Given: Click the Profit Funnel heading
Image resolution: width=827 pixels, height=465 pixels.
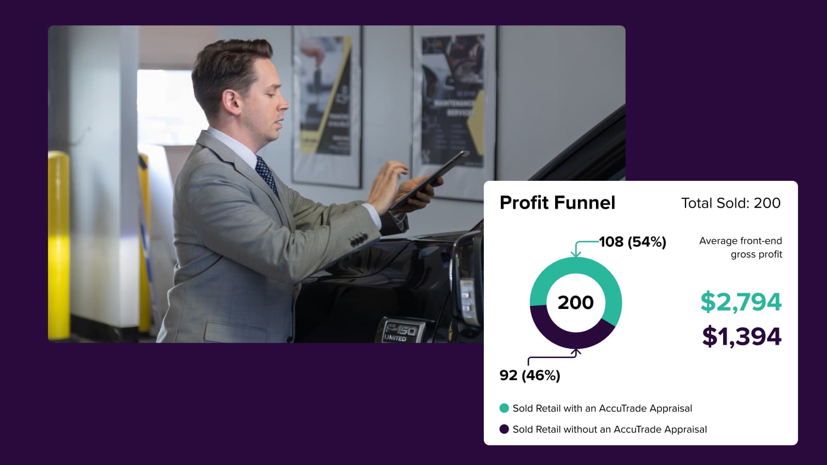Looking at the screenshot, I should point(557,203).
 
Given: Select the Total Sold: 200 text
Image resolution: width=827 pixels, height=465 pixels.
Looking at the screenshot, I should point(730,203).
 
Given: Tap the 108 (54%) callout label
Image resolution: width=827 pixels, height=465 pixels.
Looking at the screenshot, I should point(632,242).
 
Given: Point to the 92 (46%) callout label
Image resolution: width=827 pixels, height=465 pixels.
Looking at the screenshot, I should point(530,375).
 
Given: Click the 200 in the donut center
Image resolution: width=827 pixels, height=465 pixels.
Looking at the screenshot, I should point(575,302).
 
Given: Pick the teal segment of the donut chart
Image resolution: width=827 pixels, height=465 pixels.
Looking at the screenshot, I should point(575,267).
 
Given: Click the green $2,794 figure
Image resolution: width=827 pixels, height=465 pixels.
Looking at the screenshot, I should point(741,302).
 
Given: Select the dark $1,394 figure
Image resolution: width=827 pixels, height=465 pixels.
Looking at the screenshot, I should point(741,336).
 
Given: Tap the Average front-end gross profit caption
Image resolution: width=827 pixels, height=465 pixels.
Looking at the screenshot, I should point(740,247).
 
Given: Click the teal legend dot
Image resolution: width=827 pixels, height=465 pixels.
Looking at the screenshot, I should point(504,408).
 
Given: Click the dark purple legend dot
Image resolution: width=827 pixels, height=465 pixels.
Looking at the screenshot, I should point(504,429).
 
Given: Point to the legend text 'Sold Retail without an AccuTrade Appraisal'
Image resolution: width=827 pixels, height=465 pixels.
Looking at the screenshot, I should point(609,429).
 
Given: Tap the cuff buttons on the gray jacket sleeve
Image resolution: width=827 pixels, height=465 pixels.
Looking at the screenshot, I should point(358,240).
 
